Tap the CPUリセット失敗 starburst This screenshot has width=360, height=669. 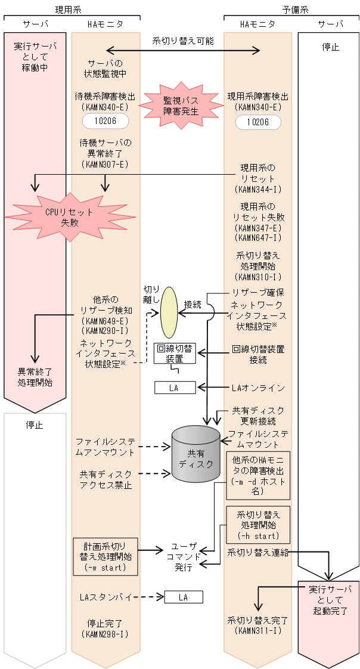click(70, 217)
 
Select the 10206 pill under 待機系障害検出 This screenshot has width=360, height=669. click(105, 122)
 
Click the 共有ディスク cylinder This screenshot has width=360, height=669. click(195, 454)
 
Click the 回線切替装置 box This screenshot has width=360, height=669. click(175, 354)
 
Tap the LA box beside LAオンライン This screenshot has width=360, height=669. click(175, 388)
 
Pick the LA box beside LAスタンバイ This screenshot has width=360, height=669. click(183, 597)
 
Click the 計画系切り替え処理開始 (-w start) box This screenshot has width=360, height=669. click(105, 556)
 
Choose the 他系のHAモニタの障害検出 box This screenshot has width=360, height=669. click(257, 475)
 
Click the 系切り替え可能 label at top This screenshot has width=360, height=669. click(183, 41)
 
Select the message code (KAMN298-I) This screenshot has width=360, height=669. click(105, 634)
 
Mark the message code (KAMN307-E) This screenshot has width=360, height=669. click(105, 164)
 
